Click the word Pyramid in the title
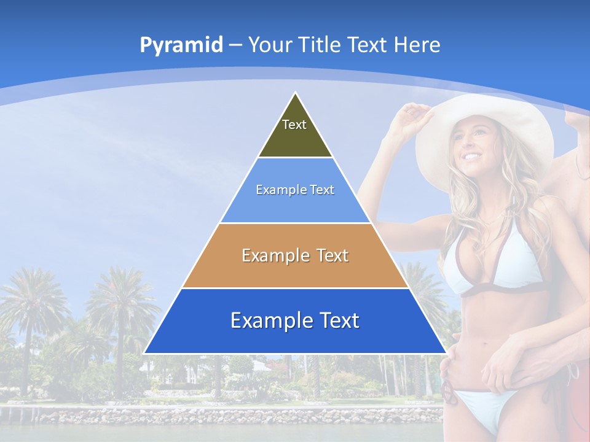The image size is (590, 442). pyautogui.click(x=181, y=45)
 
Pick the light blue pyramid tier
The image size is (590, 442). pyautogui.click(x=295, y=190)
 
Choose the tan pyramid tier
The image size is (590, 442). pyautogui.click(x=295, y=255)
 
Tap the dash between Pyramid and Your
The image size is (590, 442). pyautogui.click(x=235, y=45)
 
